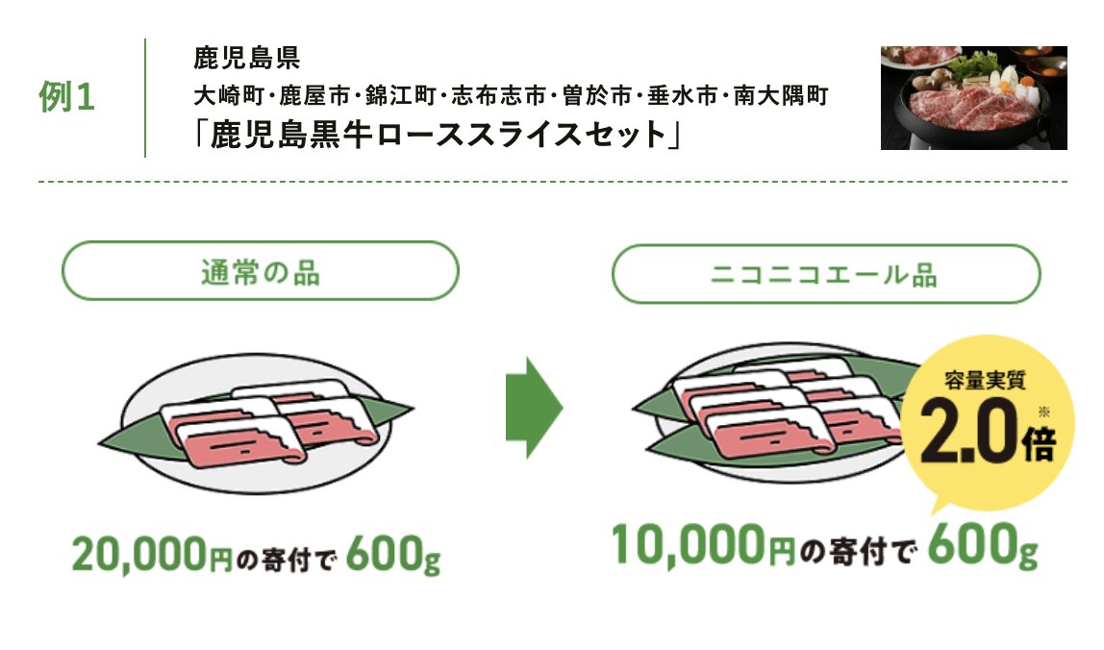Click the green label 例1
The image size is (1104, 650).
tap(67, 98)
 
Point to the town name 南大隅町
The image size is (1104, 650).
tap(788, 96)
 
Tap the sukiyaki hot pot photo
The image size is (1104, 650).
tap(973, 97)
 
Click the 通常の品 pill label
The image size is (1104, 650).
tap(260, 271)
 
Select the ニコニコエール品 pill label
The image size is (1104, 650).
tap(825, 274)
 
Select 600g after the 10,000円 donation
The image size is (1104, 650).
tap(984, 546)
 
